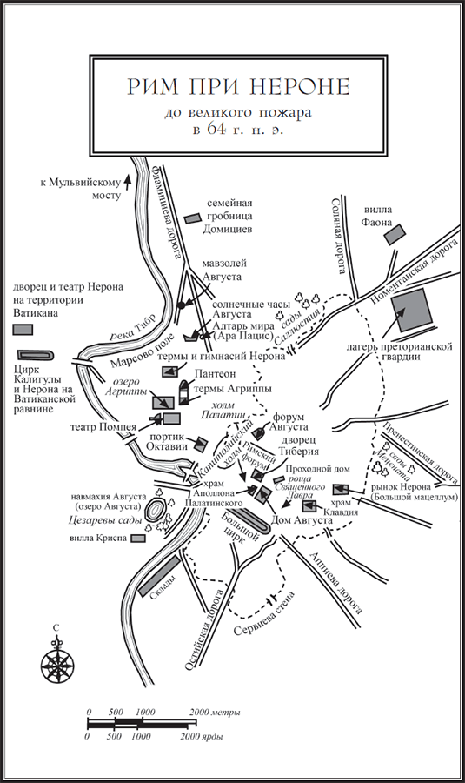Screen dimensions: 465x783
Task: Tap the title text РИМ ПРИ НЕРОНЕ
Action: point(238,86)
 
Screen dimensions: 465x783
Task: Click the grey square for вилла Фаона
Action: point(395,234)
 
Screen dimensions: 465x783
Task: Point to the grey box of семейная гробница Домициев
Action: point(192,218)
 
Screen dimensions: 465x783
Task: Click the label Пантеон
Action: point(215,373)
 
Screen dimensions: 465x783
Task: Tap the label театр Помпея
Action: point(103,427)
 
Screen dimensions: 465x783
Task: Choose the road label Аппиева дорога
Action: point(335,582)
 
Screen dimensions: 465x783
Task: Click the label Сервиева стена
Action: point(264,613)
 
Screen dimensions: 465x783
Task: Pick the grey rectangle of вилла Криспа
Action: point(137,539)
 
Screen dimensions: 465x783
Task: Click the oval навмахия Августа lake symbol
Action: point(156,510)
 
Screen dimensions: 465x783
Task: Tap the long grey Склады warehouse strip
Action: point(159,576)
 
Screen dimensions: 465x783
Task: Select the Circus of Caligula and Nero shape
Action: point(36,355)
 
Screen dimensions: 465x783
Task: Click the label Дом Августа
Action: point(302,521)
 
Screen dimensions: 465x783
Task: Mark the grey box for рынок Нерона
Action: point(342,490)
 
